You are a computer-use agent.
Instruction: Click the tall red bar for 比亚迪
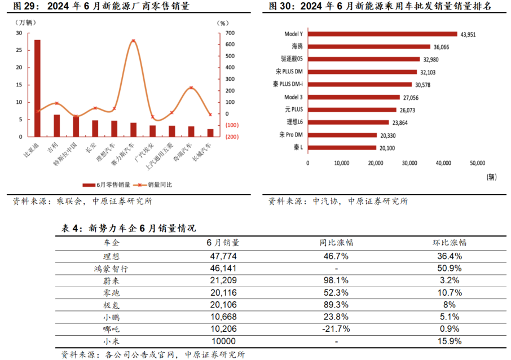[37, 89]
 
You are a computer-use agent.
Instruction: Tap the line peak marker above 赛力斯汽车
[133, 41]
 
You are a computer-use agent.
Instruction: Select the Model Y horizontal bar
[382, 34]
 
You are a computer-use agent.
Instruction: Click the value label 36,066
[441, 47]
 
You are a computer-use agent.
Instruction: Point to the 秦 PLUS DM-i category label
[288, 84]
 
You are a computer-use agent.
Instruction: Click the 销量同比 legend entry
[152, 185]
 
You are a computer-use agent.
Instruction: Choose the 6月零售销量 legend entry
[107, 185]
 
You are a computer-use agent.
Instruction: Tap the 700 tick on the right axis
[230, 33]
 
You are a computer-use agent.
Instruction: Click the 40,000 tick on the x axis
[443, 163]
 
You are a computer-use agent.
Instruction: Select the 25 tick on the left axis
[19, 50]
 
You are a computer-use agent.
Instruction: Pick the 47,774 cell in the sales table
[223, 256]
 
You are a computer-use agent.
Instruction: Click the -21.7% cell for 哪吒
[336, 329]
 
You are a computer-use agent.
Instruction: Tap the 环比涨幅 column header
[450, 243]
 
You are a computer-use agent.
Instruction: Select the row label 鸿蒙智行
[111, 269]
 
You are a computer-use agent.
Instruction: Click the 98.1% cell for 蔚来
[336, 280]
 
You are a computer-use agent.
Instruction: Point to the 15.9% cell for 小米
[450, 341]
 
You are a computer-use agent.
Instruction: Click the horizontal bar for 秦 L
[342, 148]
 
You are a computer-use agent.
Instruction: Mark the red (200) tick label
[232, 137]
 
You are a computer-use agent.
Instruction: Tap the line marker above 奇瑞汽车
[191, 87]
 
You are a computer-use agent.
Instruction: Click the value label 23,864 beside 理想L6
[400, 122]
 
